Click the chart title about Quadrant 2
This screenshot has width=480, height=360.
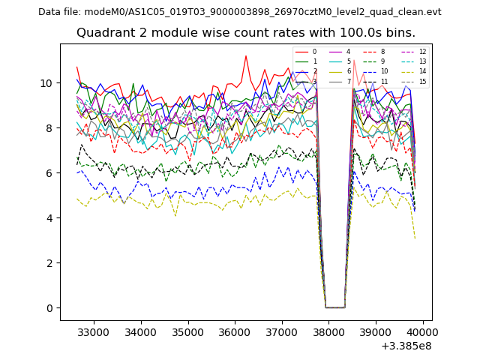click(246, 33)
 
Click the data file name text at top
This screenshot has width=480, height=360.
click(240, 12)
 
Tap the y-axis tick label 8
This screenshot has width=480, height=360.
click(49, 128)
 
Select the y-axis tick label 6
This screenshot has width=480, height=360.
click(49, 173)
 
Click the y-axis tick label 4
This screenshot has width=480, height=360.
click(49, 218)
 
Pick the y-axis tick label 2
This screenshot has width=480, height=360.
click(49, 263)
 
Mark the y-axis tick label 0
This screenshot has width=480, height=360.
click(49, 308)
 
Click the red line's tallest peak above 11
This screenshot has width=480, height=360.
click(245, 55)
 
